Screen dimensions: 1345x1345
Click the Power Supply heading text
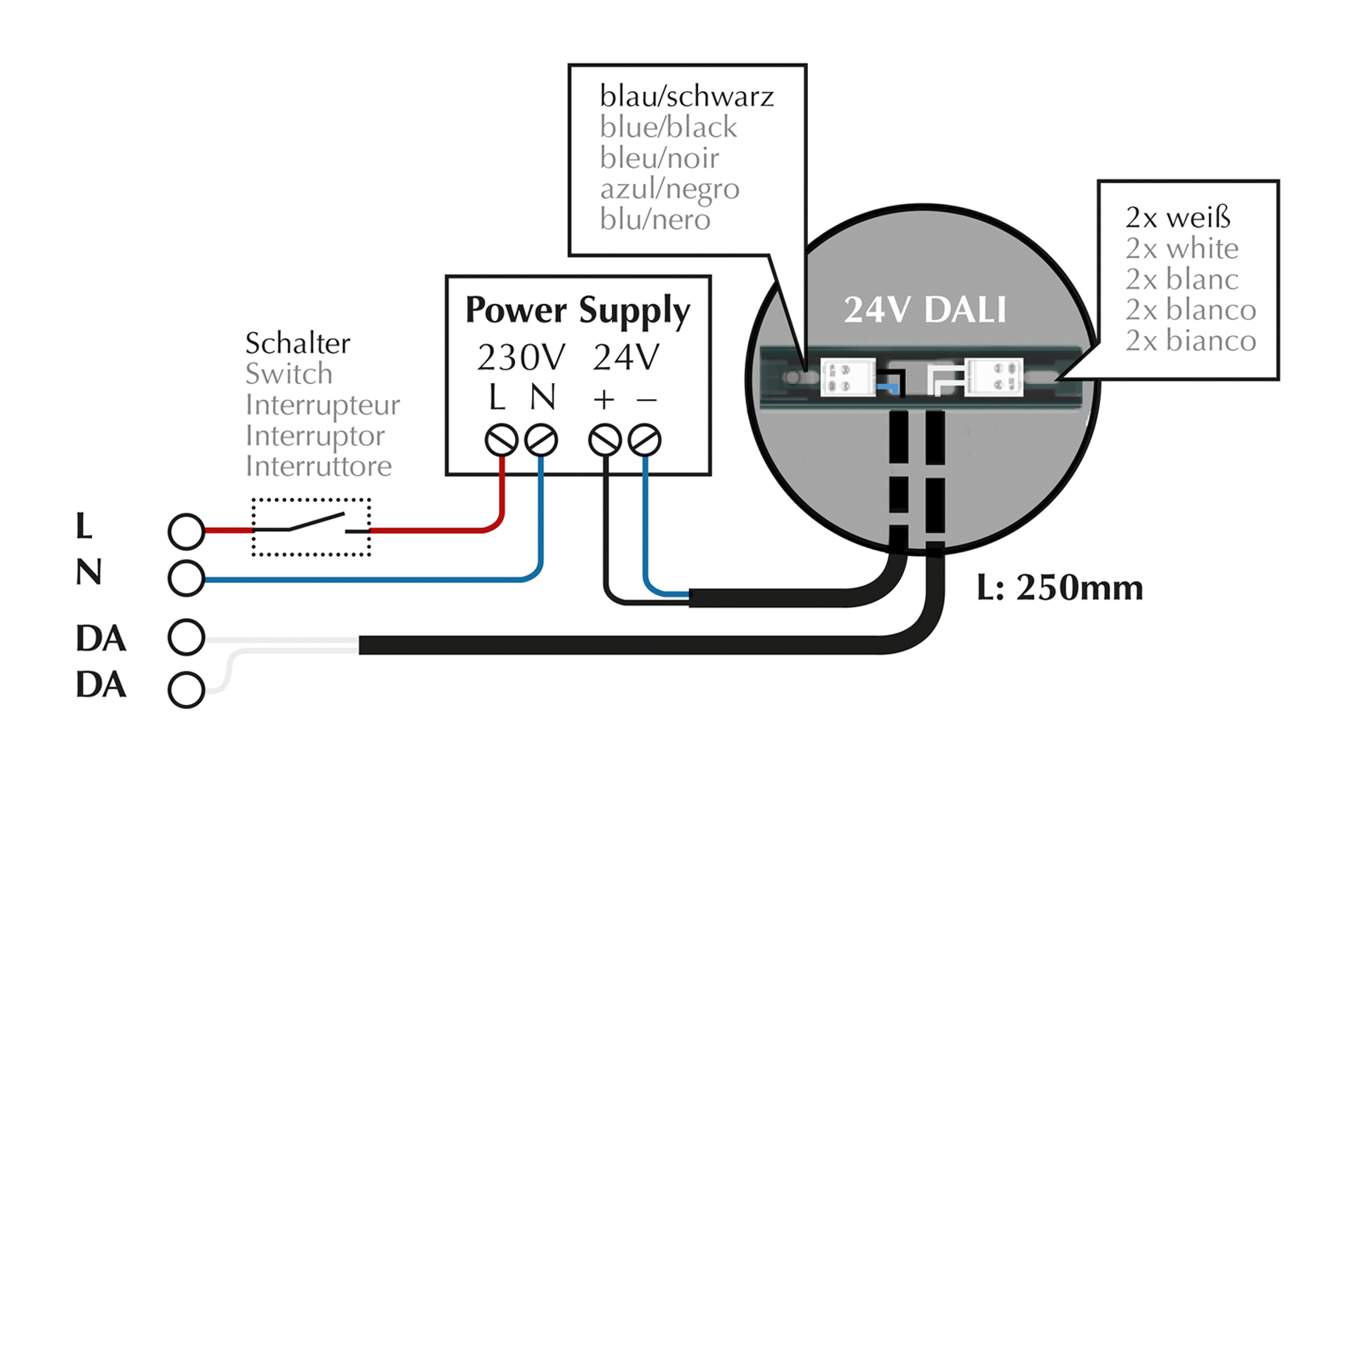click(577, 312)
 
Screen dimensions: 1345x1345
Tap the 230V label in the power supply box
click(520, 358)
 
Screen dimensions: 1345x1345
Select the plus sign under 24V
click(604, 399)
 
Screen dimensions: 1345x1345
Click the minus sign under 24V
click(646, 399)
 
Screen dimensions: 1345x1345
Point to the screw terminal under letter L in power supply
click(501, 441)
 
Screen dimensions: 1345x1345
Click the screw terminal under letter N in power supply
click(541, 441)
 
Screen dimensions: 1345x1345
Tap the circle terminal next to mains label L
click(186, 531)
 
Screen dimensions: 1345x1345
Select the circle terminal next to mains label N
click(186, 578)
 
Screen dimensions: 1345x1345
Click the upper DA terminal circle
click(186, 637)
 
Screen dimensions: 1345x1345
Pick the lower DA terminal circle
click(186, 690)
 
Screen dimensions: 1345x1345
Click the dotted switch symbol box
click(311, 527)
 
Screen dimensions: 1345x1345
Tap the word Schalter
click(297, 343)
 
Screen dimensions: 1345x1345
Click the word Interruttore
click(318, 466)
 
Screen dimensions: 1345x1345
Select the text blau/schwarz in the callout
click(686, 96)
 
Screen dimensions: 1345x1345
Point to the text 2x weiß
click(1177, 218)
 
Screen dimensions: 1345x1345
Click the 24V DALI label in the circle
click(924, 310)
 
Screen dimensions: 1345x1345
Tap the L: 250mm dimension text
click(1059, 588)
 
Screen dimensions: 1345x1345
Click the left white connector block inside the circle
click(847, 377)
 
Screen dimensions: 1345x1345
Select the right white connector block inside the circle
click(994, 377)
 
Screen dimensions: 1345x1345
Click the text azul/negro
click(669, 189)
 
